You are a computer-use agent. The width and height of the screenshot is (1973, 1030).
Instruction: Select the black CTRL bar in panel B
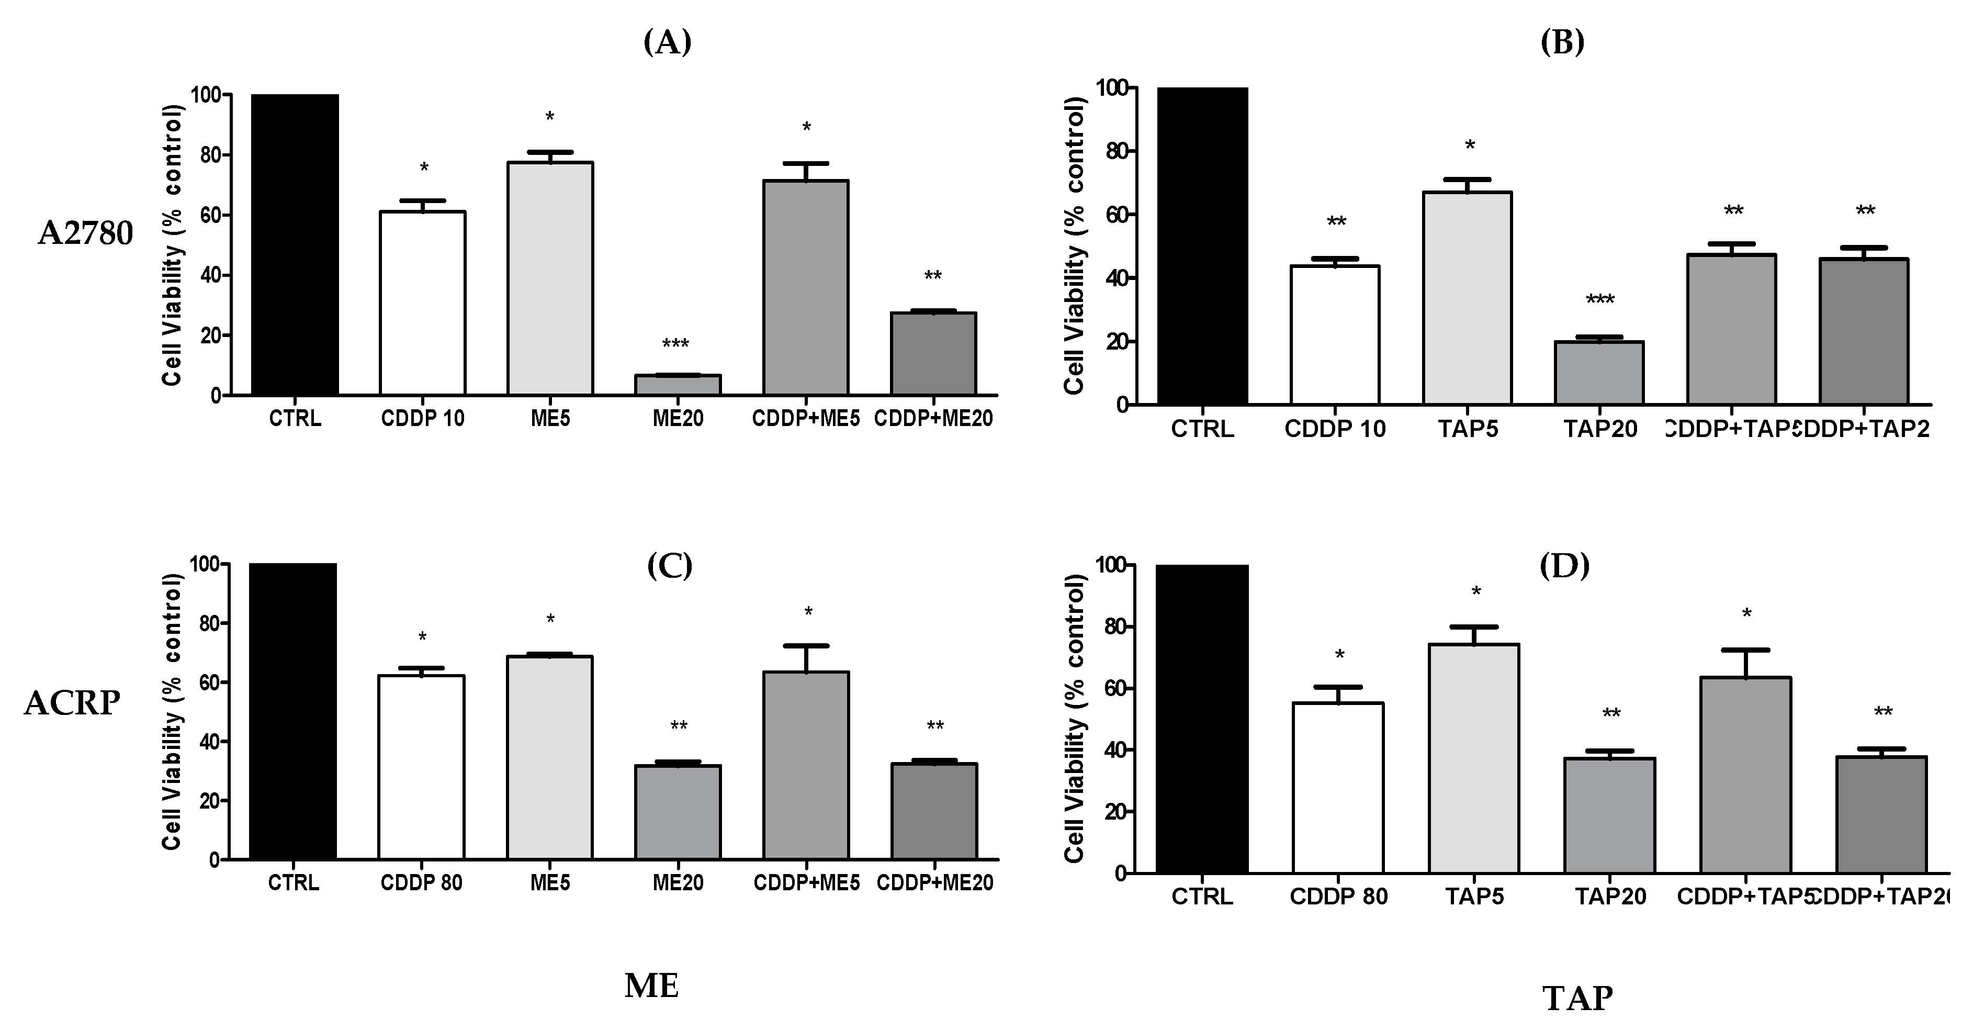coord(1202,245)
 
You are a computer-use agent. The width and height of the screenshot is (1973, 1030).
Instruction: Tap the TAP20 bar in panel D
coord(1610,815)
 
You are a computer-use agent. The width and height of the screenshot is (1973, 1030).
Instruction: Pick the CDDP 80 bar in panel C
coord(421,766)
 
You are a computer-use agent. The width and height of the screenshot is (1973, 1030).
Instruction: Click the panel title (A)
coord(667,43)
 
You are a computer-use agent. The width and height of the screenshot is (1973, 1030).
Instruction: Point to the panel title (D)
coord(1564,566)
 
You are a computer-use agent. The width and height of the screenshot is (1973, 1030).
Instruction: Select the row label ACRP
coord(72,703)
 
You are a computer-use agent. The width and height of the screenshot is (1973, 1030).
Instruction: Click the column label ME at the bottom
coord(652,986)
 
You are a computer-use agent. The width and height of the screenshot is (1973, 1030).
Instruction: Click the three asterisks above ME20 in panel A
coord(675,344)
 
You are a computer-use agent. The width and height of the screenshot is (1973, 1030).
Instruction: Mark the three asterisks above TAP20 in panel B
coord(1600,300)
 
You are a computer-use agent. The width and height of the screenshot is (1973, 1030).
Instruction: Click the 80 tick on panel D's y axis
coord(1114,627)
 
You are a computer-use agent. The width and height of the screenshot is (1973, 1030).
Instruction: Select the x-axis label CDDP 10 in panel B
coord(1335,429)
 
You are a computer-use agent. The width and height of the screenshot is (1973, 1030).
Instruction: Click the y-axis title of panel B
coord(1075,245)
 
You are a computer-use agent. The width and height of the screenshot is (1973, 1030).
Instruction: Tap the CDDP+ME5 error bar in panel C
coord(806,657)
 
